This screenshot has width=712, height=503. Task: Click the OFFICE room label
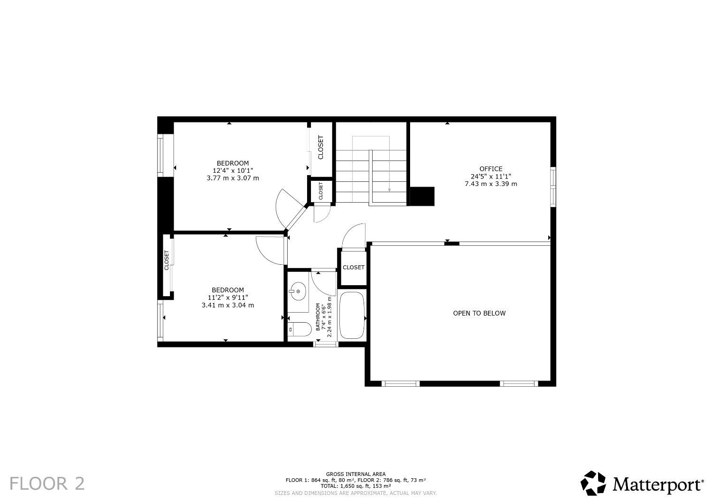coord(491,169)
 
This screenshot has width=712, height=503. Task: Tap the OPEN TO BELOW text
coord(479,313)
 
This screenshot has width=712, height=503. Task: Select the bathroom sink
coord(298,291)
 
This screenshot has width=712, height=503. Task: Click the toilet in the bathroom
coord(299,329)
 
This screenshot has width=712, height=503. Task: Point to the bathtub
coord(352,315)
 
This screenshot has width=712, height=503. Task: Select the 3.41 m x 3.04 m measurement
coord(228,305)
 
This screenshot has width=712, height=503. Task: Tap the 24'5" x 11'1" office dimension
coord(491,176)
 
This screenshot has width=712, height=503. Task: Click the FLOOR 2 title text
coord(47,484)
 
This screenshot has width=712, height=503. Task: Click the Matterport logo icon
coord(594,483)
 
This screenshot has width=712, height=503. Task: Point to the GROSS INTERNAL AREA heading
coord(356,474)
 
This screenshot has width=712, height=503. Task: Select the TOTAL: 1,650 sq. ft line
coord(356,486)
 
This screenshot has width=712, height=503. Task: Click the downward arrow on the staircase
coord(389,189)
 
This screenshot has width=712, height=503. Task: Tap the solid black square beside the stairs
coord(422,196)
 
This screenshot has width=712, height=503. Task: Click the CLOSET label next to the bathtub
coord(353,268)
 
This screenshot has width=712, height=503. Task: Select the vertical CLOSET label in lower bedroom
coord(167,261)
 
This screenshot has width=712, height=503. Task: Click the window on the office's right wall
coord(553,186)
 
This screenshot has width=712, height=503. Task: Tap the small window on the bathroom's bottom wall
coord(326,344)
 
